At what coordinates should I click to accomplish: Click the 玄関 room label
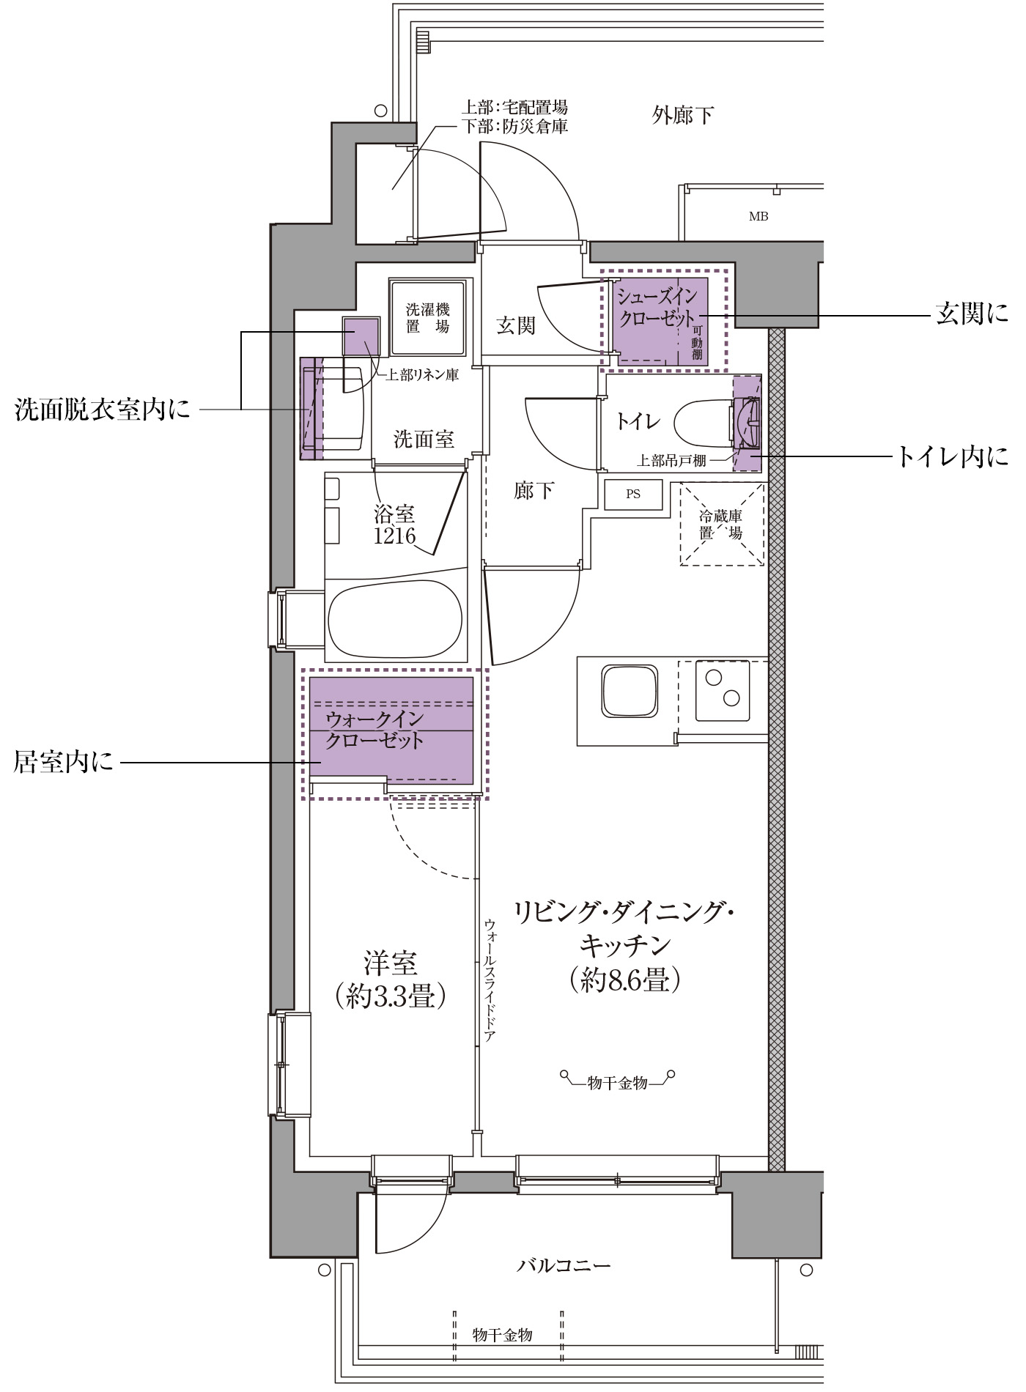tap(516, 325)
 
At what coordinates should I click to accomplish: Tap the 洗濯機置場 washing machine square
tap(428, 317)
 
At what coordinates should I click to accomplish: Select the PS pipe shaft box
tap(633, 495)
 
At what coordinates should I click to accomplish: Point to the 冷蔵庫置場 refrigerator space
tap(721, 524)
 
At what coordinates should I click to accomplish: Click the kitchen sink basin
tap(630, 692)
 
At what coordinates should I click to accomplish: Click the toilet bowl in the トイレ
tap(704, 424)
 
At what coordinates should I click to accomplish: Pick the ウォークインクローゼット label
tap(374, 729)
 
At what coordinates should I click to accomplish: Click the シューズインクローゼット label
tap(655, 308)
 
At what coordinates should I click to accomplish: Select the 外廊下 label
tap(682, 115)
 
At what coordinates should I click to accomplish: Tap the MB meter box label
tap(759, 216)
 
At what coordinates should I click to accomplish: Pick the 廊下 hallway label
tap(534, 490)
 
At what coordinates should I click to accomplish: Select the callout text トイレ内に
tap(952, 456)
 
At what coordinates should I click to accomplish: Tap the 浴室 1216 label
tap(395, 525)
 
